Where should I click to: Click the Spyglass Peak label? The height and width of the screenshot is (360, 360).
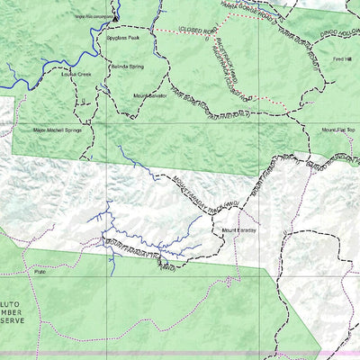pyautogui.click(x=122, y=39)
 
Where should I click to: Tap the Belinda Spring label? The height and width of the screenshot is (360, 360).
pyautogui.click(x=127, y=67)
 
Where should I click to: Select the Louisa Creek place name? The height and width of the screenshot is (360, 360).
pyautogui.click(x=76, y=75)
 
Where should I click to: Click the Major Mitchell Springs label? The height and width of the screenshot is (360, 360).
pyautogui.click(x=58, y=130)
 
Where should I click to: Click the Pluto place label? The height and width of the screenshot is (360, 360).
pyautogui.click(x=40, y=271)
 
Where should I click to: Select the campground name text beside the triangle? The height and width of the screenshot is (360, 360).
pyautogui.click(x=94, y=16)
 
